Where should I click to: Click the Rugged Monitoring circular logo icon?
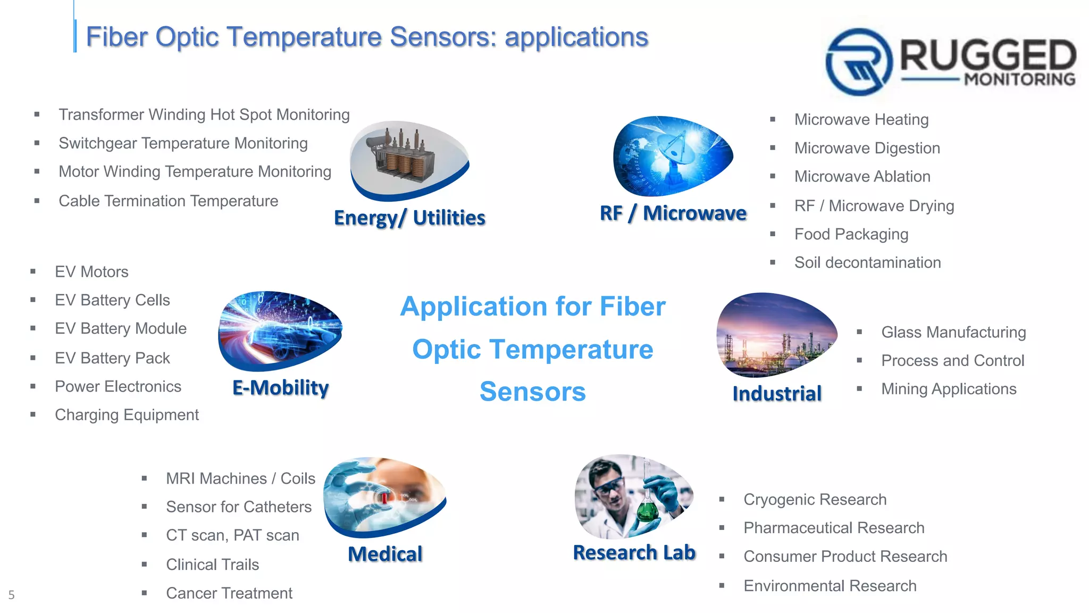pos(858,62)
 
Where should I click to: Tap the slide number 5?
pos(11,595)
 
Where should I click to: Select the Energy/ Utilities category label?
pos(409,218)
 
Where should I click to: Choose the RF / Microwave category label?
pos(673,213)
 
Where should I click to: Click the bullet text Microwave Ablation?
pos(862,177)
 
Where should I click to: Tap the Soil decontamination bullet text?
pos(867,262)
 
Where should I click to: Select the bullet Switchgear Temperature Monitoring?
pos(183,143)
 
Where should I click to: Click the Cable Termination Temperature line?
pos(168,201)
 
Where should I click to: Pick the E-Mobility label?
pos(280,387)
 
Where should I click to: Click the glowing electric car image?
pos(280,330)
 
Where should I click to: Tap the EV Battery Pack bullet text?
pos(112,358)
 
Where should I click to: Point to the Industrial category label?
pos(776,394)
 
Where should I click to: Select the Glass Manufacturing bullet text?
pos(953,332)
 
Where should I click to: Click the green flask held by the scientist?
pos(648,508)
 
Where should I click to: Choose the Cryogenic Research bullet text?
pos(815,500)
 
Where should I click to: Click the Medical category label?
pos(385,554)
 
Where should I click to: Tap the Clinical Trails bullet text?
pos(212,565)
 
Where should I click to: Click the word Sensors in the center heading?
pos(532,392)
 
